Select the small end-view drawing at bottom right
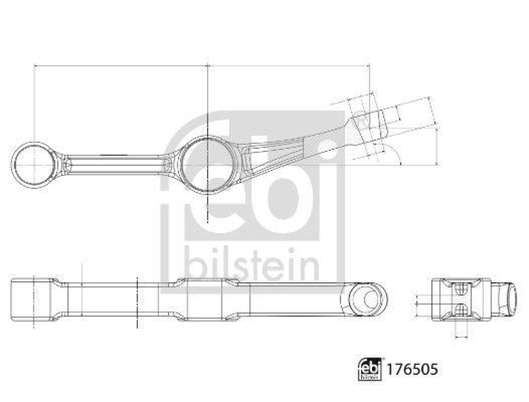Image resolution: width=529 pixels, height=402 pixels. (463, 301)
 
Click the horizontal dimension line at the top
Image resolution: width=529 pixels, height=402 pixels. (198, 65)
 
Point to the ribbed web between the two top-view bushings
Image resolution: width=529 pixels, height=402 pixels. (116, 161)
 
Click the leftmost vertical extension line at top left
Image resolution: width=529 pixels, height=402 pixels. (33, 99)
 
